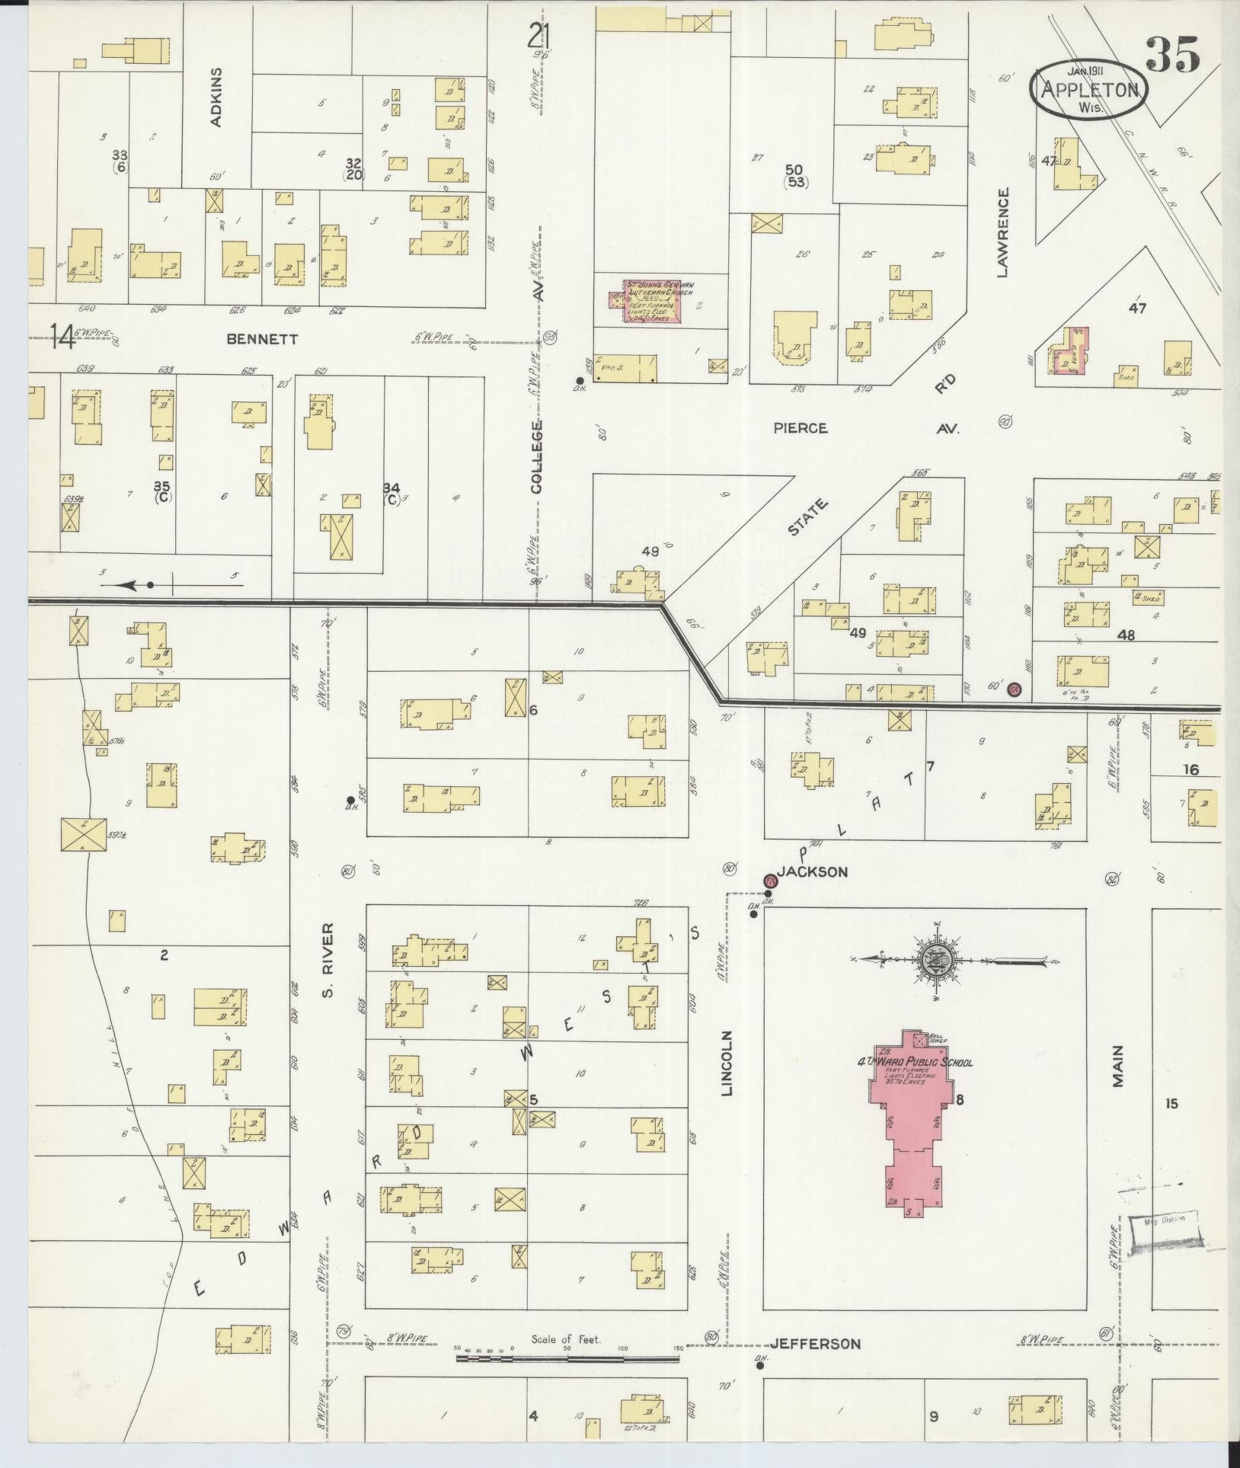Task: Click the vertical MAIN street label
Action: point(1118,1065)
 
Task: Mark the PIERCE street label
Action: point(800,428)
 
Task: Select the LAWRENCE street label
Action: point(1002,233)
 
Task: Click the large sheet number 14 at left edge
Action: point(64,337)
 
